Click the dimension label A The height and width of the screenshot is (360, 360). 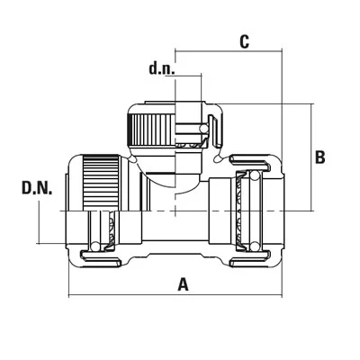[x=183, y=284]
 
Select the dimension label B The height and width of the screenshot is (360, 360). [x=319, y=157]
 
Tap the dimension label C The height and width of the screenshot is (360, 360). [x=245, y=41]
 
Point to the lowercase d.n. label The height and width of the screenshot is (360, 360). [x=162, y=68]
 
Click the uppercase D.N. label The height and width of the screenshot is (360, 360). [x=37, y=188]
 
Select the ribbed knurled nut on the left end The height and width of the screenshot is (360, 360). [x=101, y=182]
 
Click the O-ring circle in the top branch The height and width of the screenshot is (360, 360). [x=204, y=130]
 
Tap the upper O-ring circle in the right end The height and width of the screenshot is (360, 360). [x=254, y=175]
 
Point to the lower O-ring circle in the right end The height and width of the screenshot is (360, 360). [x=254, y=247]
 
